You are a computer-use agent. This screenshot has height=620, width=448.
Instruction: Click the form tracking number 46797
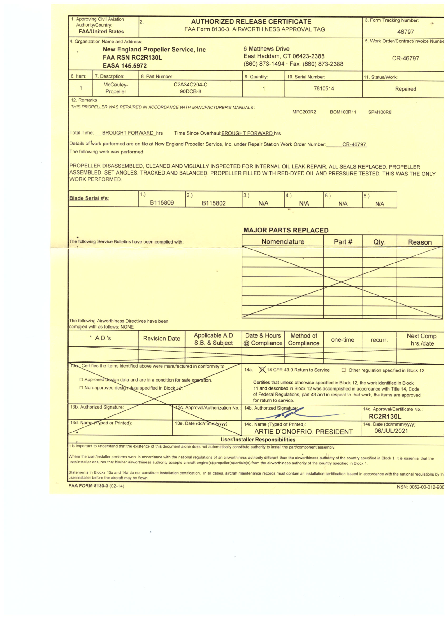coord(405,32)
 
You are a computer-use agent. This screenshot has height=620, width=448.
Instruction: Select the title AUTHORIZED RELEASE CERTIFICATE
coord(251,22)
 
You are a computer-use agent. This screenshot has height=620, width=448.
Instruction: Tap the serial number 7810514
coord(324,89)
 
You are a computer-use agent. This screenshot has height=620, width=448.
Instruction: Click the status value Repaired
coord(405,89)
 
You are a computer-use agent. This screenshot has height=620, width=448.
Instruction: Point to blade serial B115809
coord(162,203)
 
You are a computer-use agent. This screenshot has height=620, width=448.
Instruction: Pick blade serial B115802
coord(214,203)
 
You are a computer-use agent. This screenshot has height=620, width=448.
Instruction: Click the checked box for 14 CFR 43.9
coord(262,370)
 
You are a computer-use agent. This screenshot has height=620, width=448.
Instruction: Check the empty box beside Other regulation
coord(344,370)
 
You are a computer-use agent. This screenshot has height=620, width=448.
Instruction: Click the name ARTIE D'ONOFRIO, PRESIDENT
coord(303,432)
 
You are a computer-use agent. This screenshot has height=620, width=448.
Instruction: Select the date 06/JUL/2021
coord(391,431)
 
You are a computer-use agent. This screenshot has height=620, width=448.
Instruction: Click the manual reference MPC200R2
coord(304,112)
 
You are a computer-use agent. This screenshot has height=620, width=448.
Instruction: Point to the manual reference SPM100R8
coord(379,112)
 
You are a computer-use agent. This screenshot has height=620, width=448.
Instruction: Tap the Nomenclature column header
coord(282,242)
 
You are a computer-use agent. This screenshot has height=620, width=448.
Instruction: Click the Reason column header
coord(419,242)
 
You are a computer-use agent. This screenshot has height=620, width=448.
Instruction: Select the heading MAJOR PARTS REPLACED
coord(286,230)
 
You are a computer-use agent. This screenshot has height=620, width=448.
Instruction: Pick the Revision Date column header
coord(161,339)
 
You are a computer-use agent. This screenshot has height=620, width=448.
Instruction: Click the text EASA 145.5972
coord(125,66)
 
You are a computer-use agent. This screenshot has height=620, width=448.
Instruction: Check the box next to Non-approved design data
coord(81,388)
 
